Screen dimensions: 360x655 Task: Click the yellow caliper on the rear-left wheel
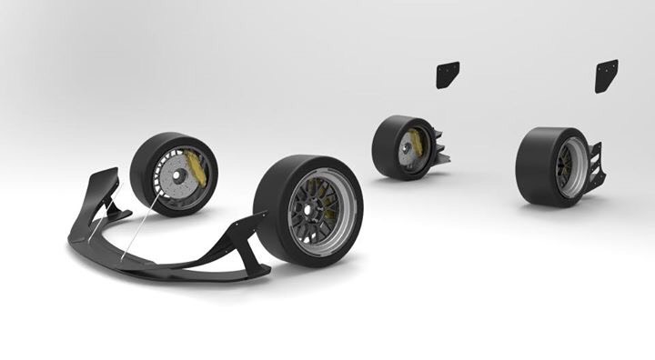(417, 143)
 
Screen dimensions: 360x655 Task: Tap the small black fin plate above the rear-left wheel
(448, 75)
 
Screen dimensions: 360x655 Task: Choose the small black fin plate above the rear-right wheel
(606, 75)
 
